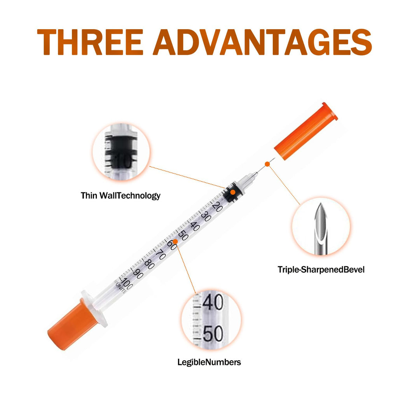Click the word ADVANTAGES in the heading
tap(262, 42)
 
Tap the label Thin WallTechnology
tap(120, 196)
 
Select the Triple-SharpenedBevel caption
tap(321, 270)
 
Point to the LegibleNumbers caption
tap(209, 362)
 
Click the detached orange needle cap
tap(306, 131)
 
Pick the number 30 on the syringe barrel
tap(206, 216)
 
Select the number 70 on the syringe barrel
tap(161, 254)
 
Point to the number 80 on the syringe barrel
tap(149, 264)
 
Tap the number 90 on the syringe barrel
tap(138, 273)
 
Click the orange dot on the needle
tap(267, 164)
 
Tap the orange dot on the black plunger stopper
tap(232, 192)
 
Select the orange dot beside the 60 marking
tap(175, 241)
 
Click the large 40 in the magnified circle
tap(213, 302)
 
